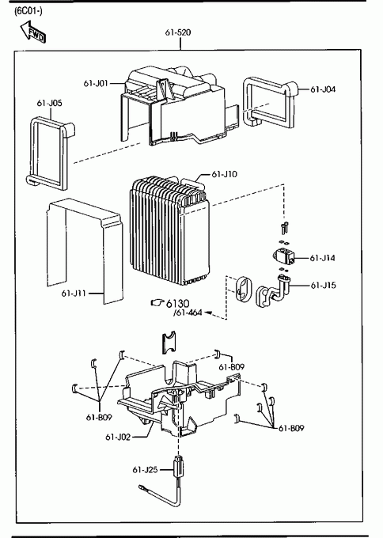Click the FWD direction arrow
click(x=33, y=32)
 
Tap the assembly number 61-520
click(x=178, y=32)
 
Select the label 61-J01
click(x=96, y=83)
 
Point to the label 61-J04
click(x=323, y=89)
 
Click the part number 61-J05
click(x=49, y=104)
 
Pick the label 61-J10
click(x=224, y=174)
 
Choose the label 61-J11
click(x=74, y=294)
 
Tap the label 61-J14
click(x=322, y=258)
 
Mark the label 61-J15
click(x=324, y=286)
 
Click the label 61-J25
click(x=145, y=469)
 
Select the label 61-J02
click(x=118, y=437)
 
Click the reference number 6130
click(x=177, y=303)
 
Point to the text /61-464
click(x=188, y=313)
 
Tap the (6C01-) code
click(x=28, y=11)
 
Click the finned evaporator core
click(x=169, y=232)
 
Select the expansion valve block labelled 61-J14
click(x=284, y=256)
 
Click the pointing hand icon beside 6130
click(x=157, y=302)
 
